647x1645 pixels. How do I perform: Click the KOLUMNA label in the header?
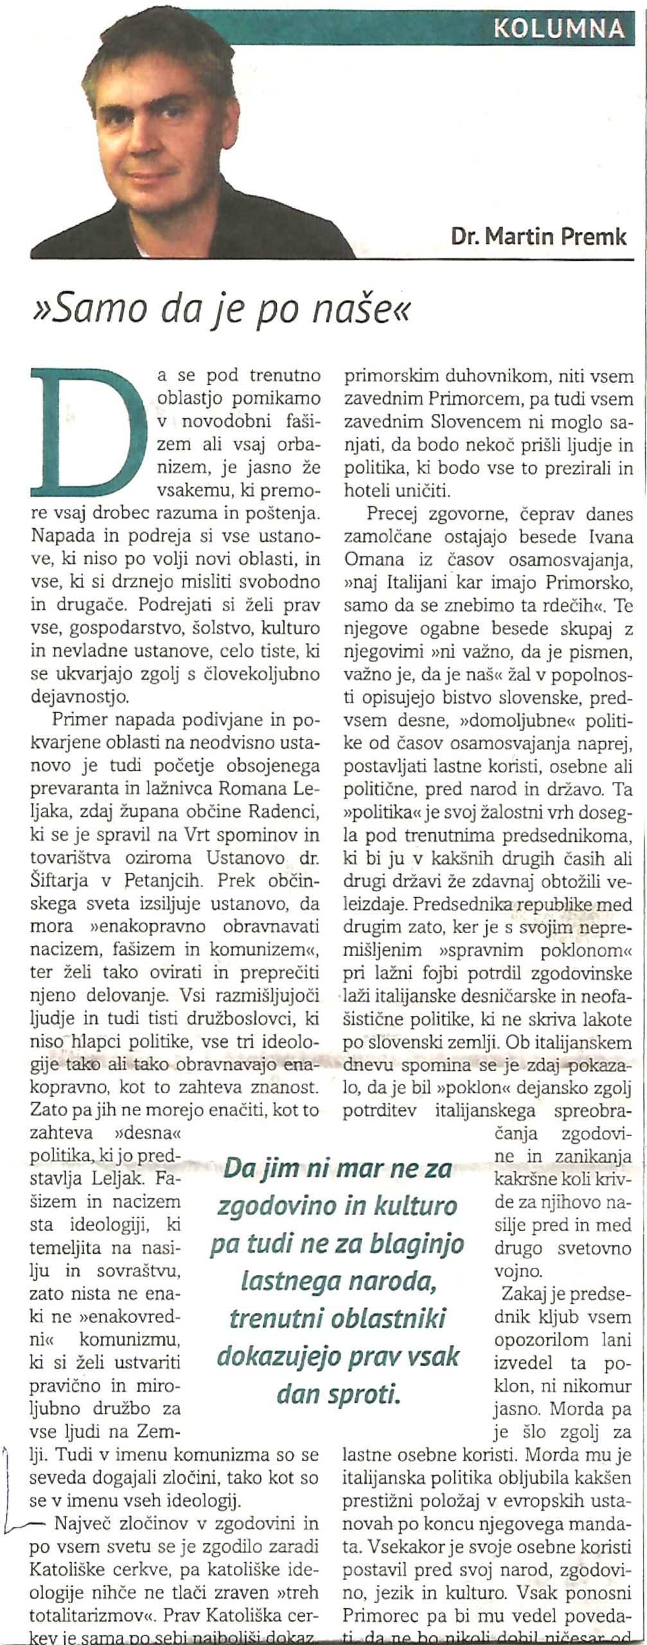559,27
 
